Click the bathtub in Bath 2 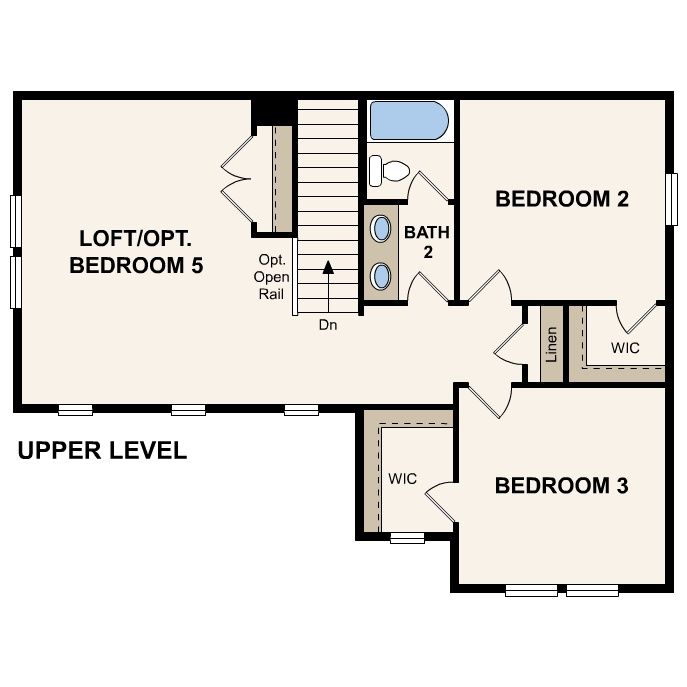tap(409, 121)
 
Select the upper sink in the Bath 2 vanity tap(382, 229)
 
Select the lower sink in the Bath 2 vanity tap(382, 274)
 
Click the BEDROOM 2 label tap(562, 199)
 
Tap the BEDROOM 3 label tap(562, 486)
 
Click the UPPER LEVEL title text tap(102, 451)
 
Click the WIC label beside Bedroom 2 tap(625, 348)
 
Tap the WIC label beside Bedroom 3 tap(402, 479)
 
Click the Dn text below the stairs tap(328, 325)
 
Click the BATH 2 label tap(427, 241)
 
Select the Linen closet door tap(512, 344)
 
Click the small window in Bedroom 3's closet tap(407, 538)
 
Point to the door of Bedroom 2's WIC tap(640, 318)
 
